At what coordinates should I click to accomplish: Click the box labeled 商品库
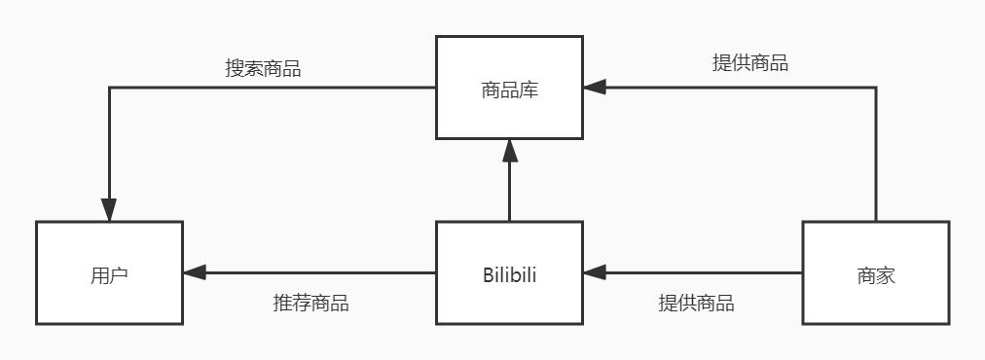click(x=509, y=89)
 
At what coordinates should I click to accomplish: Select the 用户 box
click(x=109, y=273)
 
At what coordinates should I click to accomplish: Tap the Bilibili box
click(x=509, y=273)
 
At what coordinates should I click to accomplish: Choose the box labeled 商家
click(x=875, y=273)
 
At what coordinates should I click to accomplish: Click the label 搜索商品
click(x=263, y=69)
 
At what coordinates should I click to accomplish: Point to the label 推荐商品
click(x=310, y=303)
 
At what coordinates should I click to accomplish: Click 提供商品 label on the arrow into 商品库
click(x=750, y=63)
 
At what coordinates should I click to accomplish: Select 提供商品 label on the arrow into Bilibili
click(x=696, y=303)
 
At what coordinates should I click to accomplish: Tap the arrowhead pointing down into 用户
click(x=109, y=210)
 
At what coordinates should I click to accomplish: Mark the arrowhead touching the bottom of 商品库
click(x=509, y=151)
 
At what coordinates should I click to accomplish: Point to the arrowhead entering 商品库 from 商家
click(x=595, y=88)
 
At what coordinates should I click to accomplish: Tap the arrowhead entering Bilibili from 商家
click(x=595, y=273)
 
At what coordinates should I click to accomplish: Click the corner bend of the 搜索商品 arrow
click(x=109, y=88)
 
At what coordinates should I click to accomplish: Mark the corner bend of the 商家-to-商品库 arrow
click(x=875, y=88)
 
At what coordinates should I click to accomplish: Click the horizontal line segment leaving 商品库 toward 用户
click(x=273, y=88)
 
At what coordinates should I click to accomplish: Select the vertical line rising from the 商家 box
click(x=875, y=156)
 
